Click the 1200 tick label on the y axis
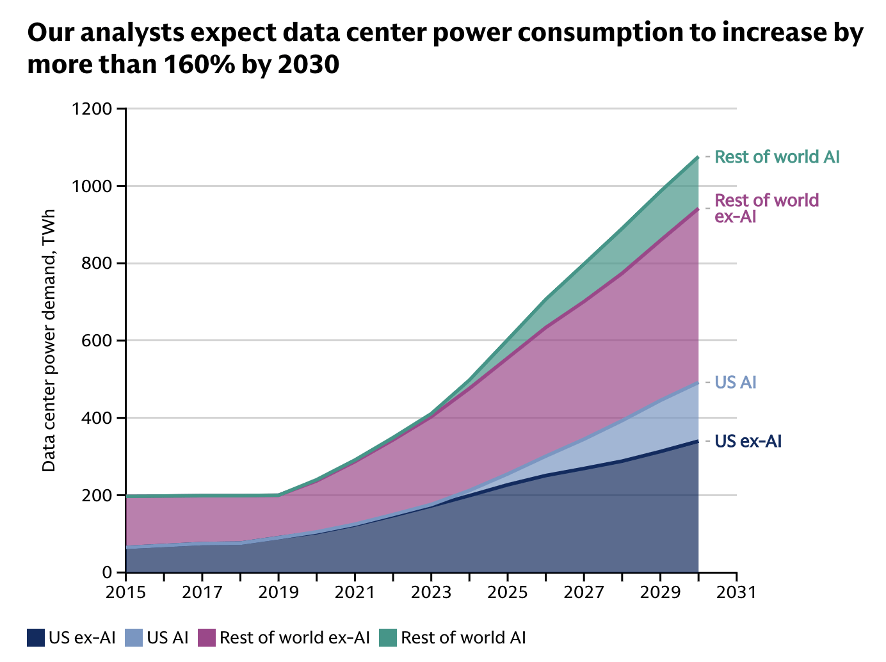(93, 109)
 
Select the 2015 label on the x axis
(125, 592)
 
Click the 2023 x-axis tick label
(431, 592)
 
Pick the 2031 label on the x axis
(736, 592)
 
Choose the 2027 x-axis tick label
(583, 592)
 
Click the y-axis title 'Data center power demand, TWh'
(49, 341)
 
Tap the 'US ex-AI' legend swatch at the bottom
(35, 638)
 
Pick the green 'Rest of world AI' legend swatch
(388, 638)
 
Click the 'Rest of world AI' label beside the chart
(777, 157)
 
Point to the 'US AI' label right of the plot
(736, 382)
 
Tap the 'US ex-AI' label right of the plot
(748, 441)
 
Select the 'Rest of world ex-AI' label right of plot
(766, 208)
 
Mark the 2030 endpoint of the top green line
(698, 156)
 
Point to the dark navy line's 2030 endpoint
(698, 440)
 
